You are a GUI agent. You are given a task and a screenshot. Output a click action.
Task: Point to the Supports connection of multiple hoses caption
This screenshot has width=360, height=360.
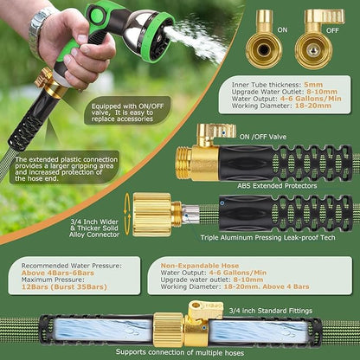[x=180, y=350]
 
